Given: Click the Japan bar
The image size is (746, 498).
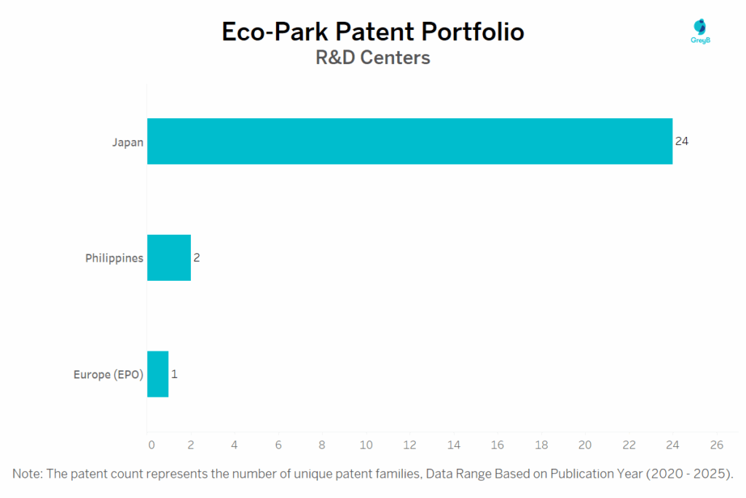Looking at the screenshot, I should [x=409, y=141].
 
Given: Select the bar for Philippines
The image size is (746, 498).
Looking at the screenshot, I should [x=169, y=257].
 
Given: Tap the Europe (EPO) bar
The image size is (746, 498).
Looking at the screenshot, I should [x=158, y=374].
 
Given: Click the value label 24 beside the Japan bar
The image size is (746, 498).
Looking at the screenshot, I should [x=682, y=141].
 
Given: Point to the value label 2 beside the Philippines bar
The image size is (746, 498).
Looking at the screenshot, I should [x=196, y=257].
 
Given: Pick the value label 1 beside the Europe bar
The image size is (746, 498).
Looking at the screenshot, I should [x=174, y=374].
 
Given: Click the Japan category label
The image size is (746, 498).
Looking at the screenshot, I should [x=127, y=141].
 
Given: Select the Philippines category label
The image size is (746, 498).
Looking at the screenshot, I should [x=114, y=258].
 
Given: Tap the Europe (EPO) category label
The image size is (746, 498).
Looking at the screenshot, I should [x=109, y=375].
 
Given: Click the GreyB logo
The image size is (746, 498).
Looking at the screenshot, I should [x=700, y=31].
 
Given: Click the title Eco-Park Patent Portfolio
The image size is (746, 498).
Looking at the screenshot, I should [x=372, y=32].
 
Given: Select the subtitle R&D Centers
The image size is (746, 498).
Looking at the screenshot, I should [x=372, y=58].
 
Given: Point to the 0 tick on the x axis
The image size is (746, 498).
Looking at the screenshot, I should [x=151, y=445].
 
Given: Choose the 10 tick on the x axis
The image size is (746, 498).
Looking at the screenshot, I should [x=366, y=445].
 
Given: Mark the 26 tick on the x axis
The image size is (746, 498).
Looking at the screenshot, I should [x=716, y=445].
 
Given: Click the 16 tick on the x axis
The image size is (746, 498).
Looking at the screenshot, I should [x=498, y=445].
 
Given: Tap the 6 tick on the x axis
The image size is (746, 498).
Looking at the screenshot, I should [x=278, y=445].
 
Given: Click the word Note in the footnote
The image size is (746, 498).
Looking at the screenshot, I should [x=28, y=474].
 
